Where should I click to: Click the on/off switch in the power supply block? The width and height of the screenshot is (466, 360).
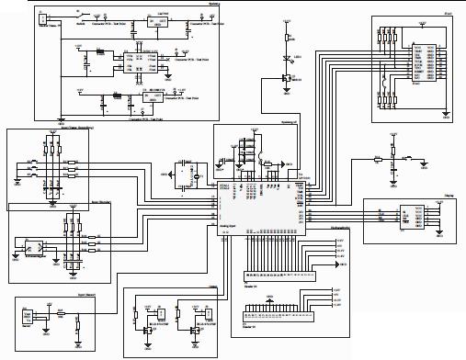(81, 16)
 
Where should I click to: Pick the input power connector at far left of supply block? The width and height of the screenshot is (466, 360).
(42, 17)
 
